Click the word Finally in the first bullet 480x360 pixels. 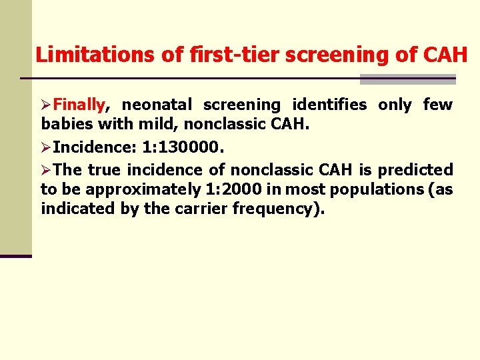coord(79,105)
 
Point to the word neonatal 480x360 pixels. coord(157,105)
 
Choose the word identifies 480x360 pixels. coord(329,105)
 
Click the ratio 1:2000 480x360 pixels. coord(228,189)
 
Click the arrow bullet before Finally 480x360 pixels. coord(47,105)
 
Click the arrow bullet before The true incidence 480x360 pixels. coord(47,170)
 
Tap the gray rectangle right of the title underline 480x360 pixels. coord(407,79)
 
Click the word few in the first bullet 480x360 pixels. coord(437,105)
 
